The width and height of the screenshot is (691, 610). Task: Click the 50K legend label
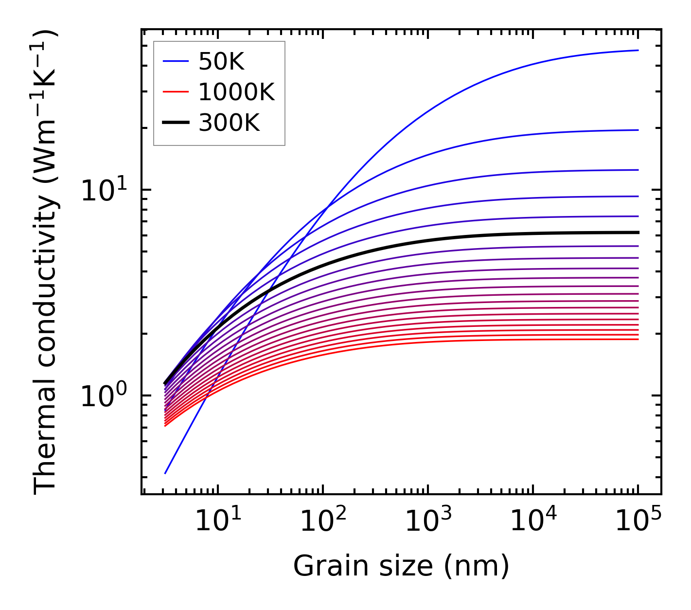(x=221, y=61)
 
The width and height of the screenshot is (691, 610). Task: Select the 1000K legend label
(x=237, y=92)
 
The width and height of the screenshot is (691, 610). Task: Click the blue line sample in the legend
(x=175, y=61)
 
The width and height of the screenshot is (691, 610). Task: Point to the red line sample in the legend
(x=175, y=92)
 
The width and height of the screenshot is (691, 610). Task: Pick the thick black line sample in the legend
(x=175, y=123)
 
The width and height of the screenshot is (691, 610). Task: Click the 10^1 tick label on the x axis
(x=217, y=521)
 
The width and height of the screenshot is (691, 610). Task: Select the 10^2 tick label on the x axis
(x=322, y=521)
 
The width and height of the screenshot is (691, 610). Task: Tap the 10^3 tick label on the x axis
(x=427, y=521)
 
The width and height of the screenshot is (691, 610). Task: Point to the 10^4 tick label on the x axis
(x=532, y=521)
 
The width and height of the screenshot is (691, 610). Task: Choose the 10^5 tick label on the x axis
(x=638, y=521)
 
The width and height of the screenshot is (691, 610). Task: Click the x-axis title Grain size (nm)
(x=401, y=567)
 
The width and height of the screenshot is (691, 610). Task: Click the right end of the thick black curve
(x=638, y=233)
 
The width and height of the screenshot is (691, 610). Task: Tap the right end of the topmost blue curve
(x=638, y=50)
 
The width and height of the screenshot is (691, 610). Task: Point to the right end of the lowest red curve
(x=638, y=339)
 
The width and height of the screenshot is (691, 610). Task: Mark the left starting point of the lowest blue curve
(x=165, y=473)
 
